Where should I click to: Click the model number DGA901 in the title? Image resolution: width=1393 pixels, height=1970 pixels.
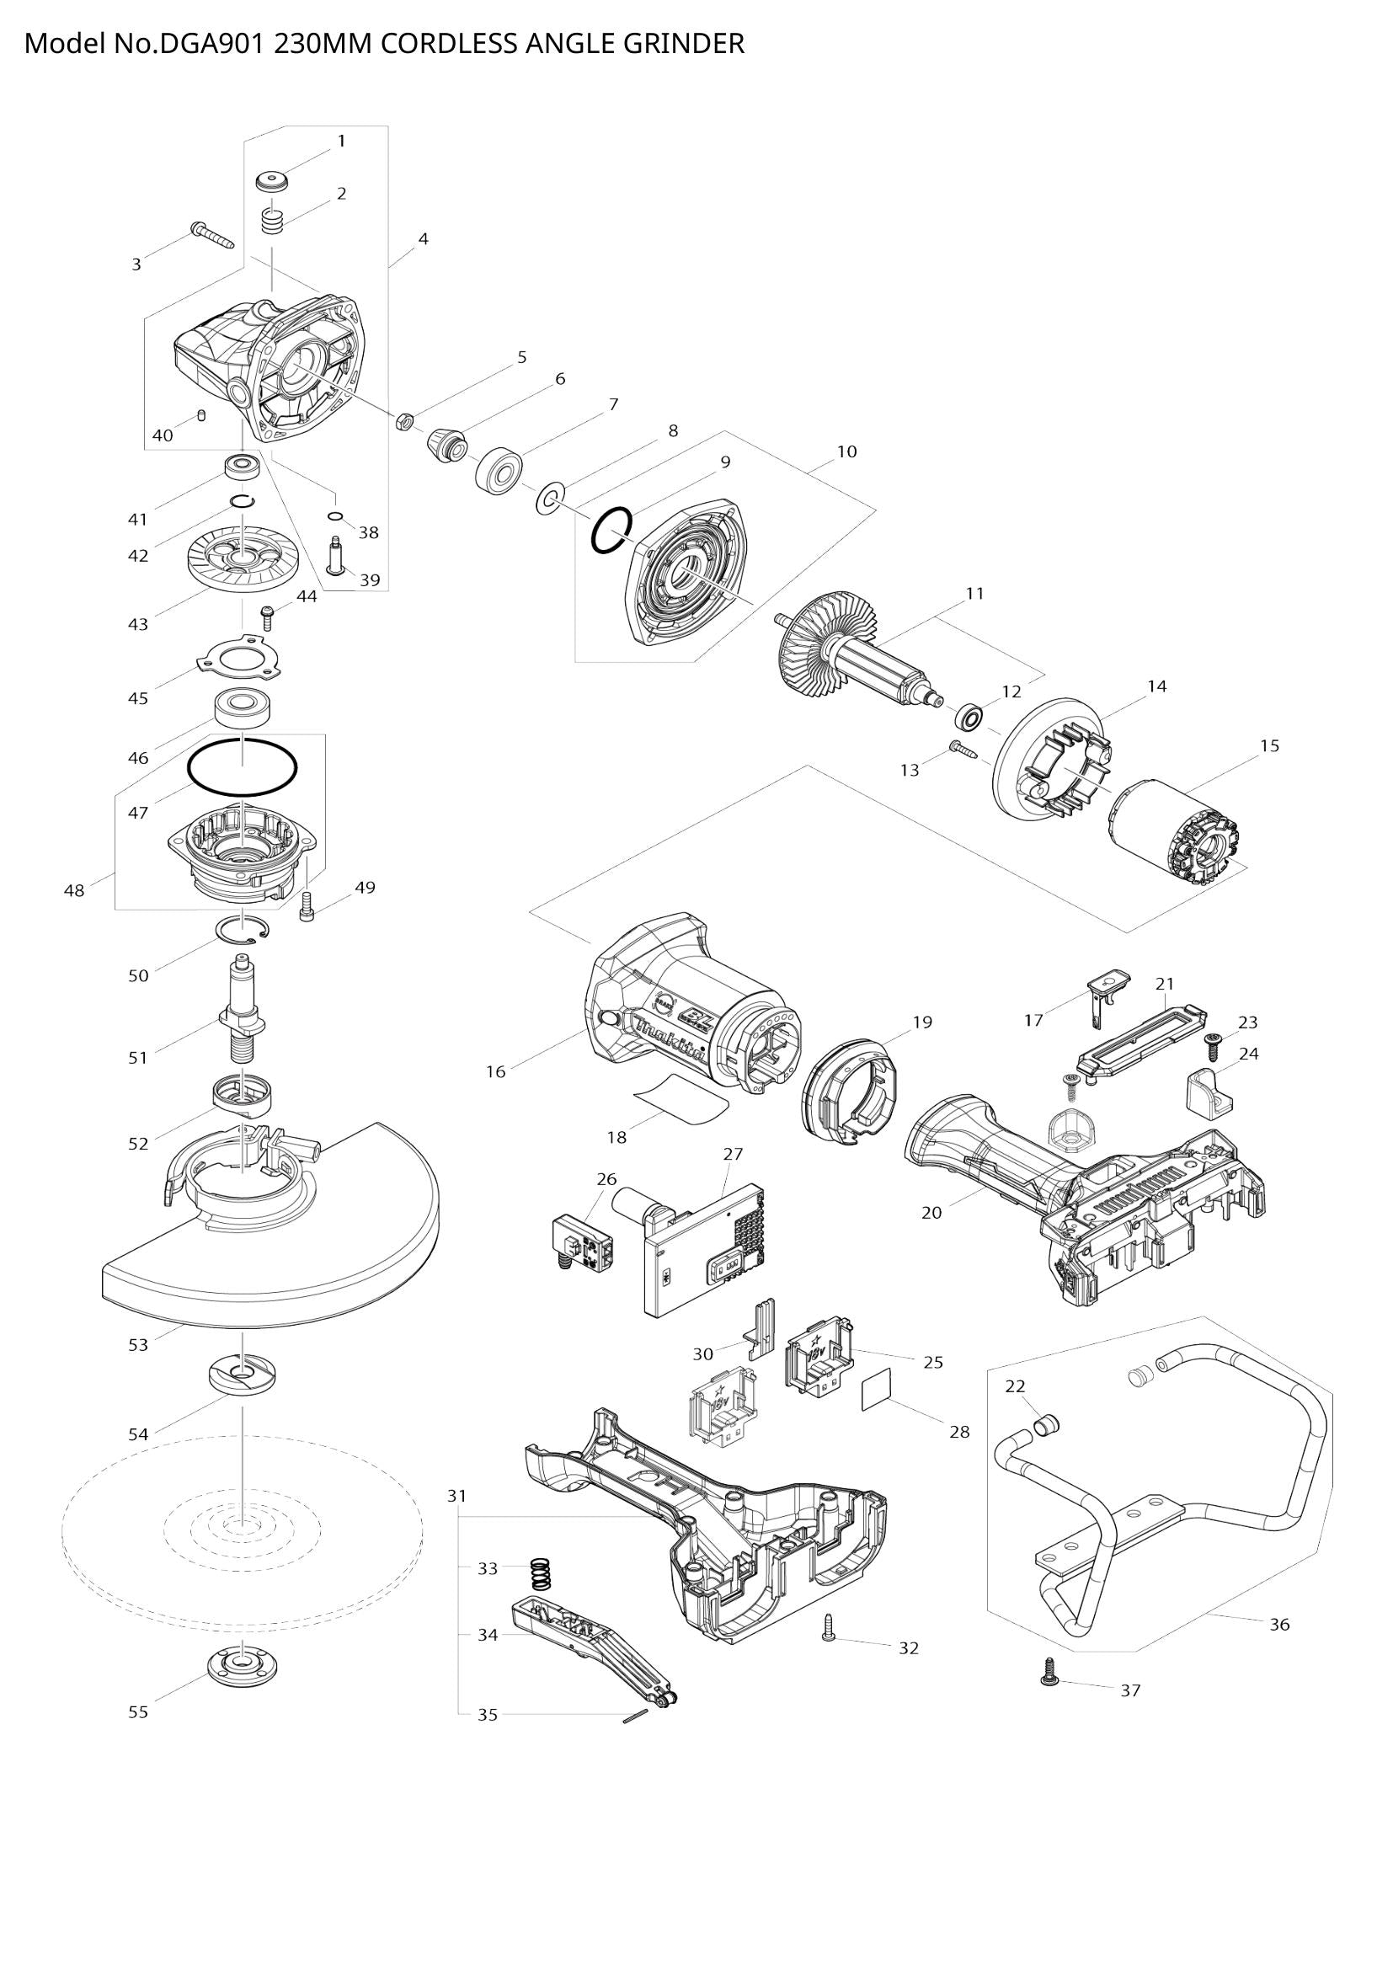point(211,44)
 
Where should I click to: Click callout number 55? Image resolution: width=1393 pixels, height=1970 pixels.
point(138,1711)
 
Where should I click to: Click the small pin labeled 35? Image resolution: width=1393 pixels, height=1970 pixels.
point(636,1714)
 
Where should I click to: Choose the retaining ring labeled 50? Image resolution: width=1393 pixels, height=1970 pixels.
point(244,931)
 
